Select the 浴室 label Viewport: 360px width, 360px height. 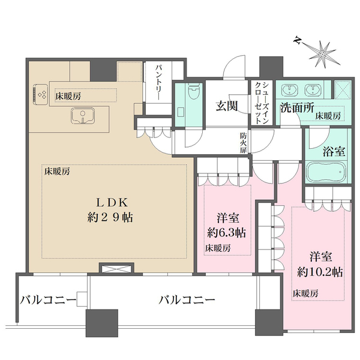pyautogui.click(x=333, y=151)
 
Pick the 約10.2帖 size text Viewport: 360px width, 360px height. pyautogui.click(x=319, y=271)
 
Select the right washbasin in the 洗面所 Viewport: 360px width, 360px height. pyautogui.click(x=314, y=89)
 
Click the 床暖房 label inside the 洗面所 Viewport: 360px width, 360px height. pyautogui.click(x=329, y=115)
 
